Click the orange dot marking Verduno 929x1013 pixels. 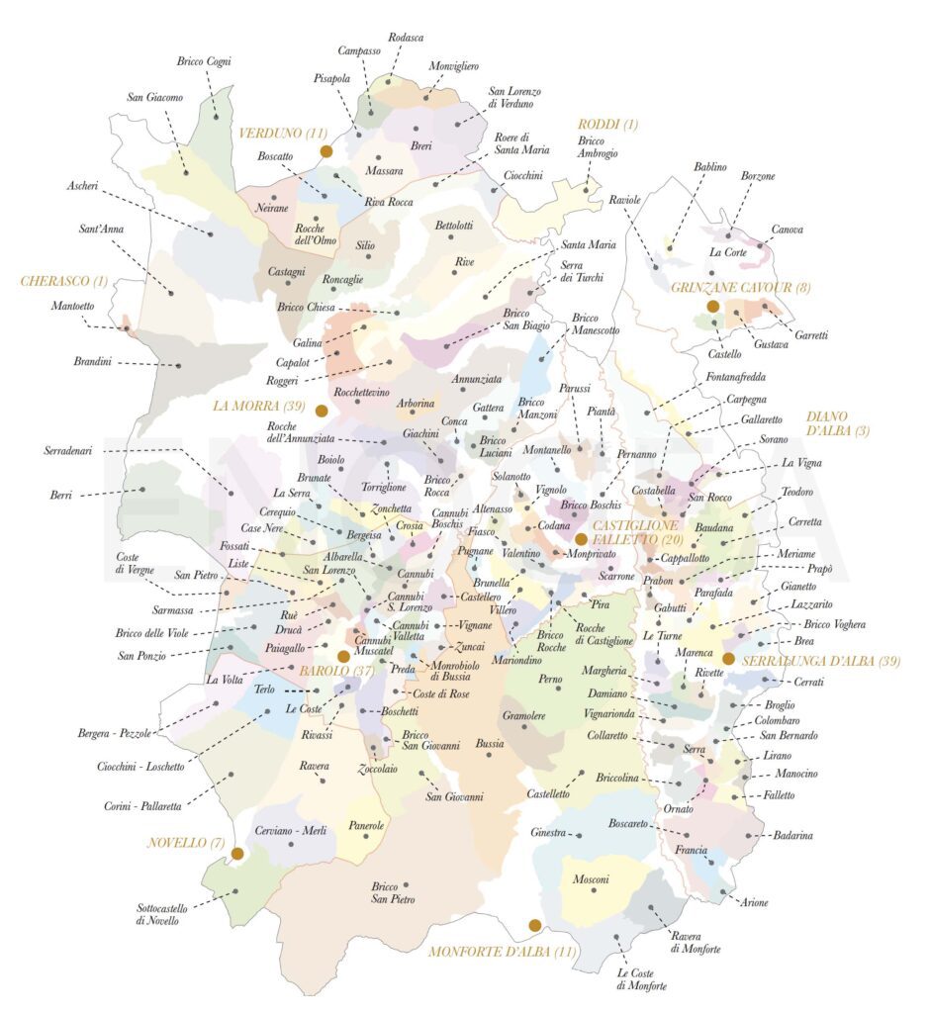click(325, 151)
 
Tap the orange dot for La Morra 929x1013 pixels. click(322, 410)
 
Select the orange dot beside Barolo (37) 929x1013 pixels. click(343, 656)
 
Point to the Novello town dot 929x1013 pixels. click(237, 853)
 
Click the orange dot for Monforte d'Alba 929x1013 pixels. click(535, 925)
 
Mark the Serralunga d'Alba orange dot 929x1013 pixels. click(728, 658)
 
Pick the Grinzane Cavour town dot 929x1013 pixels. click(712, 307)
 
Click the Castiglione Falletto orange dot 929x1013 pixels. click(582, 539)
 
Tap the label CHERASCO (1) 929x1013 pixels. click(64, 281)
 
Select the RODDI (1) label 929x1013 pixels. click(608, 125)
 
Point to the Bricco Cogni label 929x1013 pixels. click(204, 61)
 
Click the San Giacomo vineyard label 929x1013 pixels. click(155, 97)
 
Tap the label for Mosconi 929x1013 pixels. click(591, 879)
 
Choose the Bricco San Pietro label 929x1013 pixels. click(394, 893)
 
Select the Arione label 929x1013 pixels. click(753, 902)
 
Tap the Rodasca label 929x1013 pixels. click(407, 38)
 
